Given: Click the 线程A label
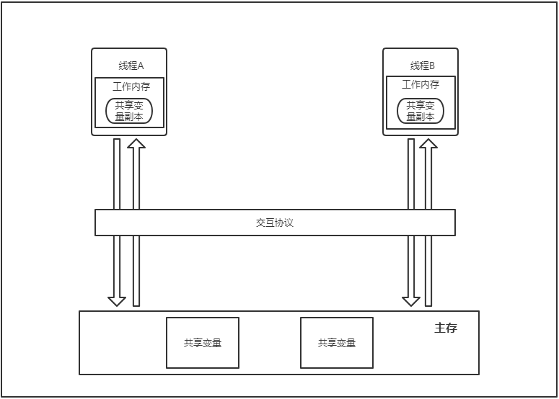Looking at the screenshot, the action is (x=131, y=66).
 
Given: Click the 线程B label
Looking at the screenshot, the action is (x=422, y=66).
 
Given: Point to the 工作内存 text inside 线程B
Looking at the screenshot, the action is (x=421, y=84).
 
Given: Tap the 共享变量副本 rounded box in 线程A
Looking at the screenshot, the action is (x=130, y=111).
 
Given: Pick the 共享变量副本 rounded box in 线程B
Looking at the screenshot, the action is (x=421, y=111).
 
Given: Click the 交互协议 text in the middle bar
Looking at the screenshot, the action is (x=275, y=223).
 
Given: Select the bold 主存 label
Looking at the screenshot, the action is (x=446, y=328).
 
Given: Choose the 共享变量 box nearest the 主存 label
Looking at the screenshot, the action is (x=337, y=343).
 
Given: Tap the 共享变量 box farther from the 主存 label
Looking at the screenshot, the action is (x=203, y=343).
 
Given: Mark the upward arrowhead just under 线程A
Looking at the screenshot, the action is (x=136, y=144).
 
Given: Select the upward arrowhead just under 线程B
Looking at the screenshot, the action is (x=429, y=144).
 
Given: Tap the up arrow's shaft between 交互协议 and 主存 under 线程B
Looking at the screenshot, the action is (x=429, y=270).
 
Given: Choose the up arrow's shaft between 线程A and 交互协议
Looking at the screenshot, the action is (x=136, y=180).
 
